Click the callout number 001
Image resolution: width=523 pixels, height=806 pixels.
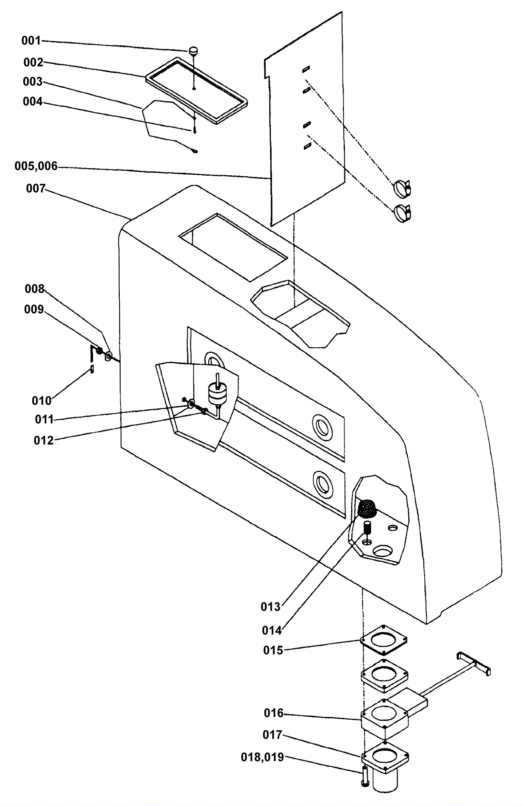pyautogui.click(x=31, y=41)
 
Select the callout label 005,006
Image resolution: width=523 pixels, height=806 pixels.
pyautogui.click(x=36, y=166)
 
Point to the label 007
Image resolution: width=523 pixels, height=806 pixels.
pyautogui.click(x=36, y=189)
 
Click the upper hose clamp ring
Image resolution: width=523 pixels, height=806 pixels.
pyautogui.click(x=402, y=187)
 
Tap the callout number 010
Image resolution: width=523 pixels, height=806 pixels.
pyautogui.click(x=42, y=401)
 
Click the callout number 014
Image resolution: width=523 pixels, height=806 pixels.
pyautogui.click(x=272, y=630)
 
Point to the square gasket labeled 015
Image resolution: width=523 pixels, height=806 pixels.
pyautogui.click(x=383, y=640)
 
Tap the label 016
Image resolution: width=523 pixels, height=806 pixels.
pyautogui.click(x=274, y=713)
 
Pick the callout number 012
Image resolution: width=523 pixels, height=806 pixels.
pyautogui.click(x=44, y=440)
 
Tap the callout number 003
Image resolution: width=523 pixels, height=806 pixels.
pyautogui.click(x=33, y=82)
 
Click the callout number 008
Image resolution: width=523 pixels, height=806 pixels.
pyautogui.click(x=35, y=289)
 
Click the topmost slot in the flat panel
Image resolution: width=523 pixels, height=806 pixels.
pyautogui.click(x=306, y=69)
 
